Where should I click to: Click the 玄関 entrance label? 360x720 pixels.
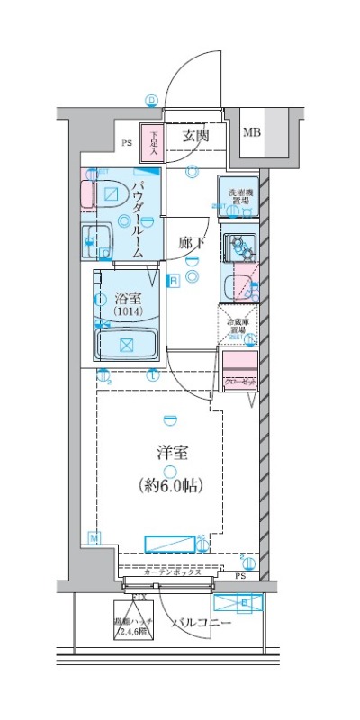click(x=196, y=136)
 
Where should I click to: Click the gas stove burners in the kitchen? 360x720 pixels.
click(x=238, y=245)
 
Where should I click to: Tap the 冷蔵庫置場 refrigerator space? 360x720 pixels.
click(x=238, y=326)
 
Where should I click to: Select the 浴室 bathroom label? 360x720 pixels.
click(x=126, y=297)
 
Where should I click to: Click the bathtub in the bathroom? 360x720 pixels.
click(x=127, y=344)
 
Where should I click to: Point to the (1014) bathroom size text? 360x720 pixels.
click(x=126, y=311)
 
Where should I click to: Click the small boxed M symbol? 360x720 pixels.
click(x=93, y=537)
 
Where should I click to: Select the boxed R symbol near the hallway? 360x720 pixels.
click(x=173, y=281)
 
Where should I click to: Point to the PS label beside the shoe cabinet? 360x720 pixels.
click(x=126, y=142)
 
